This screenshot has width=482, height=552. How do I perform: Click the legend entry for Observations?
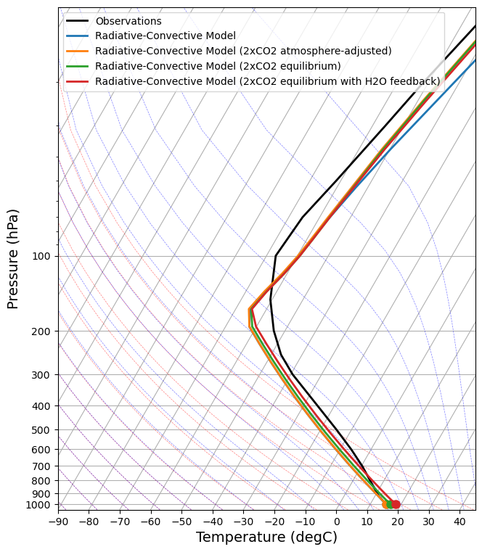pyautogui.click(x=128, y=21)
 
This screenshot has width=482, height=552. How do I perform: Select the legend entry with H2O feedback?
pyautogui.click(x=267, y=81)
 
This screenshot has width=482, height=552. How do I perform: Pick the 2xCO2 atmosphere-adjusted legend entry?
pyautogui.click(x=243, y=51)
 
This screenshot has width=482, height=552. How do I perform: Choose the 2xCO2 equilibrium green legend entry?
pyautogui.click(x=218, y=66)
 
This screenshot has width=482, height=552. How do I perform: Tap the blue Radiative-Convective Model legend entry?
pyautogui.click(x=166, y=36)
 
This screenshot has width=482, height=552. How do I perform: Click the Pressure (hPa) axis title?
pyautogui.click(x=13, y=258)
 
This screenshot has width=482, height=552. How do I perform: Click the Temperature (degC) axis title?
pyautogui.click(x=266, y=537)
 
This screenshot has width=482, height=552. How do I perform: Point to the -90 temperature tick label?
pyautogui.click(x=59, y=521)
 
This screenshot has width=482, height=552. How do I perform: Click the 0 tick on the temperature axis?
pyautogui.click(x=337, y=521)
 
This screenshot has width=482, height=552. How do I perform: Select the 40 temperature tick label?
pyautogui.click(x=459, y=521)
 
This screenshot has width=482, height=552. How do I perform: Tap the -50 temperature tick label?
pyautogui.click(x=182, y=521)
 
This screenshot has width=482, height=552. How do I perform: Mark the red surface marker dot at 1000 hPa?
pyautogui.click(x=396, y=504)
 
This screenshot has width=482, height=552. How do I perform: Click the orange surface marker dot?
pyautogui.click(x=385, y=504)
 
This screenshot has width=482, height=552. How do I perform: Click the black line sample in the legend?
pyautogui.click(x=78, y=21)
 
